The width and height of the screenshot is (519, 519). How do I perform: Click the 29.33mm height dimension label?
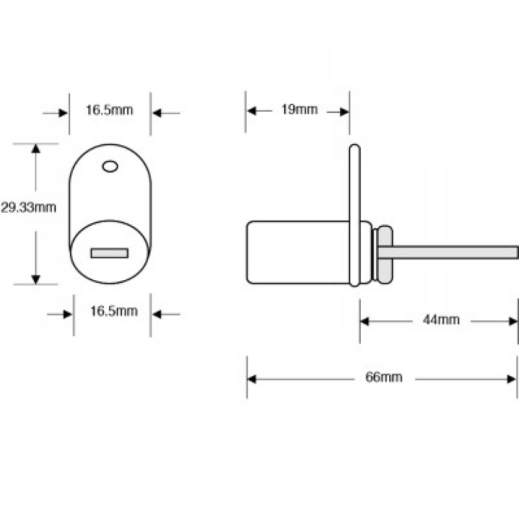click(28, 208)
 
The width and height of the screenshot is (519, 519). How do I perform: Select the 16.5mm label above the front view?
click(110, 110)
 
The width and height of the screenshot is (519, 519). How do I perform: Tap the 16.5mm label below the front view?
click(114, 311)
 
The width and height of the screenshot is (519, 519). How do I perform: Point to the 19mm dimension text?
click(299, 110)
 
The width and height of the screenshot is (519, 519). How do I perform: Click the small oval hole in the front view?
click(110, 166)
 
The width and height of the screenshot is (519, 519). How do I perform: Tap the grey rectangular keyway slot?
click(109, 253)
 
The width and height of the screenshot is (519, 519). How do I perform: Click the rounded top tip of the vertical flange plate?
click(354, 149)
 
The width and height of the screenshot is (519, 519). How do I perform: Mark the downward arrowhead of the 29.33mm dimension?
click(35, 279)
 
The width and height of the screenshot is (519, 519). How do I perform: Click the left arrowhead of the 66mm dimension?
click(252, 379)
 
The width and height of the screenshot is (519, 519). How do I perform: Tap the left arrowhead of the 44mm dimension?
click(364, 321)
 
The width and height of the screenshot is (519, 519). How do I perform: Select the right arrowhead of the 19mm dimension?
click(345, 111)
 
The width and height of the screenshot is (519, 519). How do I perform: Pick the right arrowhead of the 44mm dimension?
click(513, 321)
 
